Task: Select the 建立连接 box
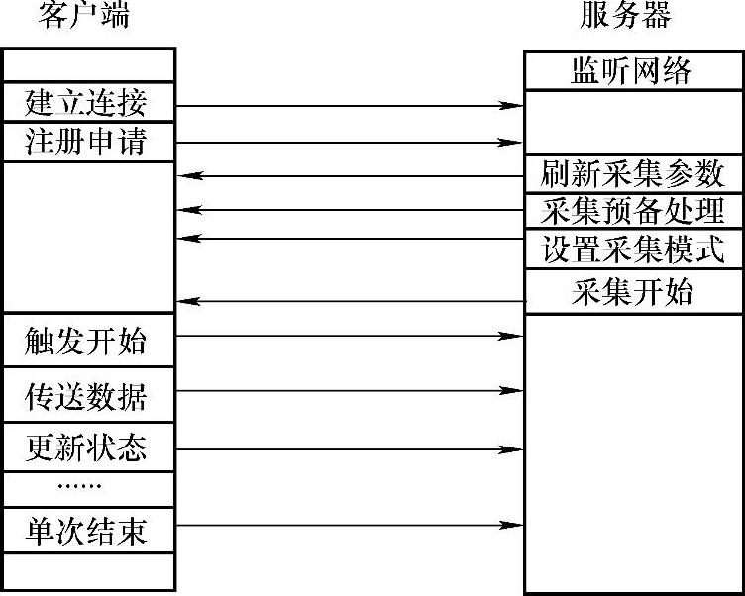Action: pos(88,102)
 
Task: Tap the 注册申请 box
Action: pos(88,142)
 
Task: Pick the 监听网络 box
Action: pos(631,71)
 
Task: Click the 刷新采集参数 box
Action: pos(633,174)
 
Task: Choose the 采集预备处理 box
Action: pos(633,211)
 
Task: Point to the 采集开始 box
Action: pos(633,293)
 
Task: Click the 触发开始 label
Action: pos(86,342)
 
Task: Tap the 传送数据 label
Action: pos(86,396)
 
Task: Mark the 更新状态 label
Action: pos(86,449)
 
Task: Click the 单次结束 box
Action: pos(88,531)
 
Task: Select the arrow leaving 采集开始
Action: pos(350,301)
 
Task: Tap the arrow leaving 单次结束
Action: pos(350,525)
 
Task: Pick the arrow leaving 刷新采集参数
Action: pos(350,176)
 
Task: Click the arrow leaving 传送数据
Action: pos(350,391)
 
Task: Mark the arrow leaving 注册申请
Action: pos(350,143)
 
